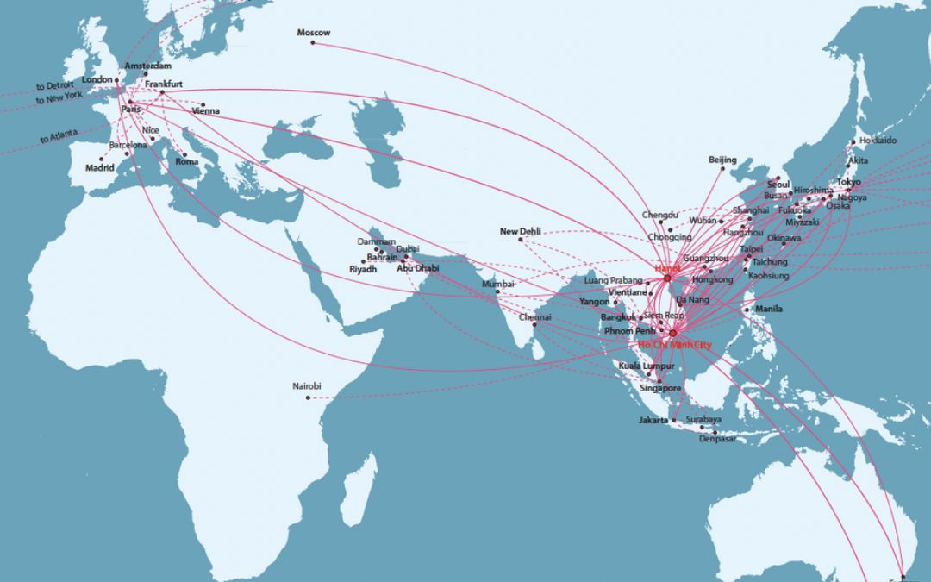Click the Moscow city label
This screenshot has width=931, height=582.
tap(313, 33)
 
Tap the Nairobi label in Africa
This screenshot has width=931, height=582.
tap(307, 386)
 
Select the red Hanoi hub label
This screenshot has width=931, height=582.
tap(667, 269)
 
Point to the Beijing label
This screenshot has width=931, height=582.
tap(722, 160)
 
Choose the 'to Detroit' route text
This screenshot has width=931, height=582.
tap(55, 86)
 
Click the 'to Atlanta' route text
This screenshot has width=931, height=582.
tap(58, 135)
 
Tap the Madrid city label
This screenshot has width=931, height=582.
tap(98, 168)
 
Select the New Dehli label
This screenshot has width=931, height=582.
tap(520, 231)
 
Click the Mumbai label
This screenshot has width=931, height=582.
tap(497, 284)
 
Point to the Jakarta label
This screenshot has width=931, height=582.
tap(653, 420)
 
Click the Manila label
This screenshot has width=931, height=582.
tap(768, 309)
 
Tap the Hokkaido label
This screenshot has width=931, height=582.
tap(877, 141)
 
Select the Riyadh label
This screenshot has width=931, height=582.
tap(363, 270)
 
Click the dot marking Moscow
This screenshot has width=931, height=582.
tap(313, 42)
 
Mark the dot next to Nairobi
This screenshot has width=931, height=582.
tap(310, 397)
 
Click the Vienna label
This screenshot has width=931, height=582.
tap(205, 111)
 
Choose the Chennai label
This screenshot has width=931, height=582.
tap(534, 317)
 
